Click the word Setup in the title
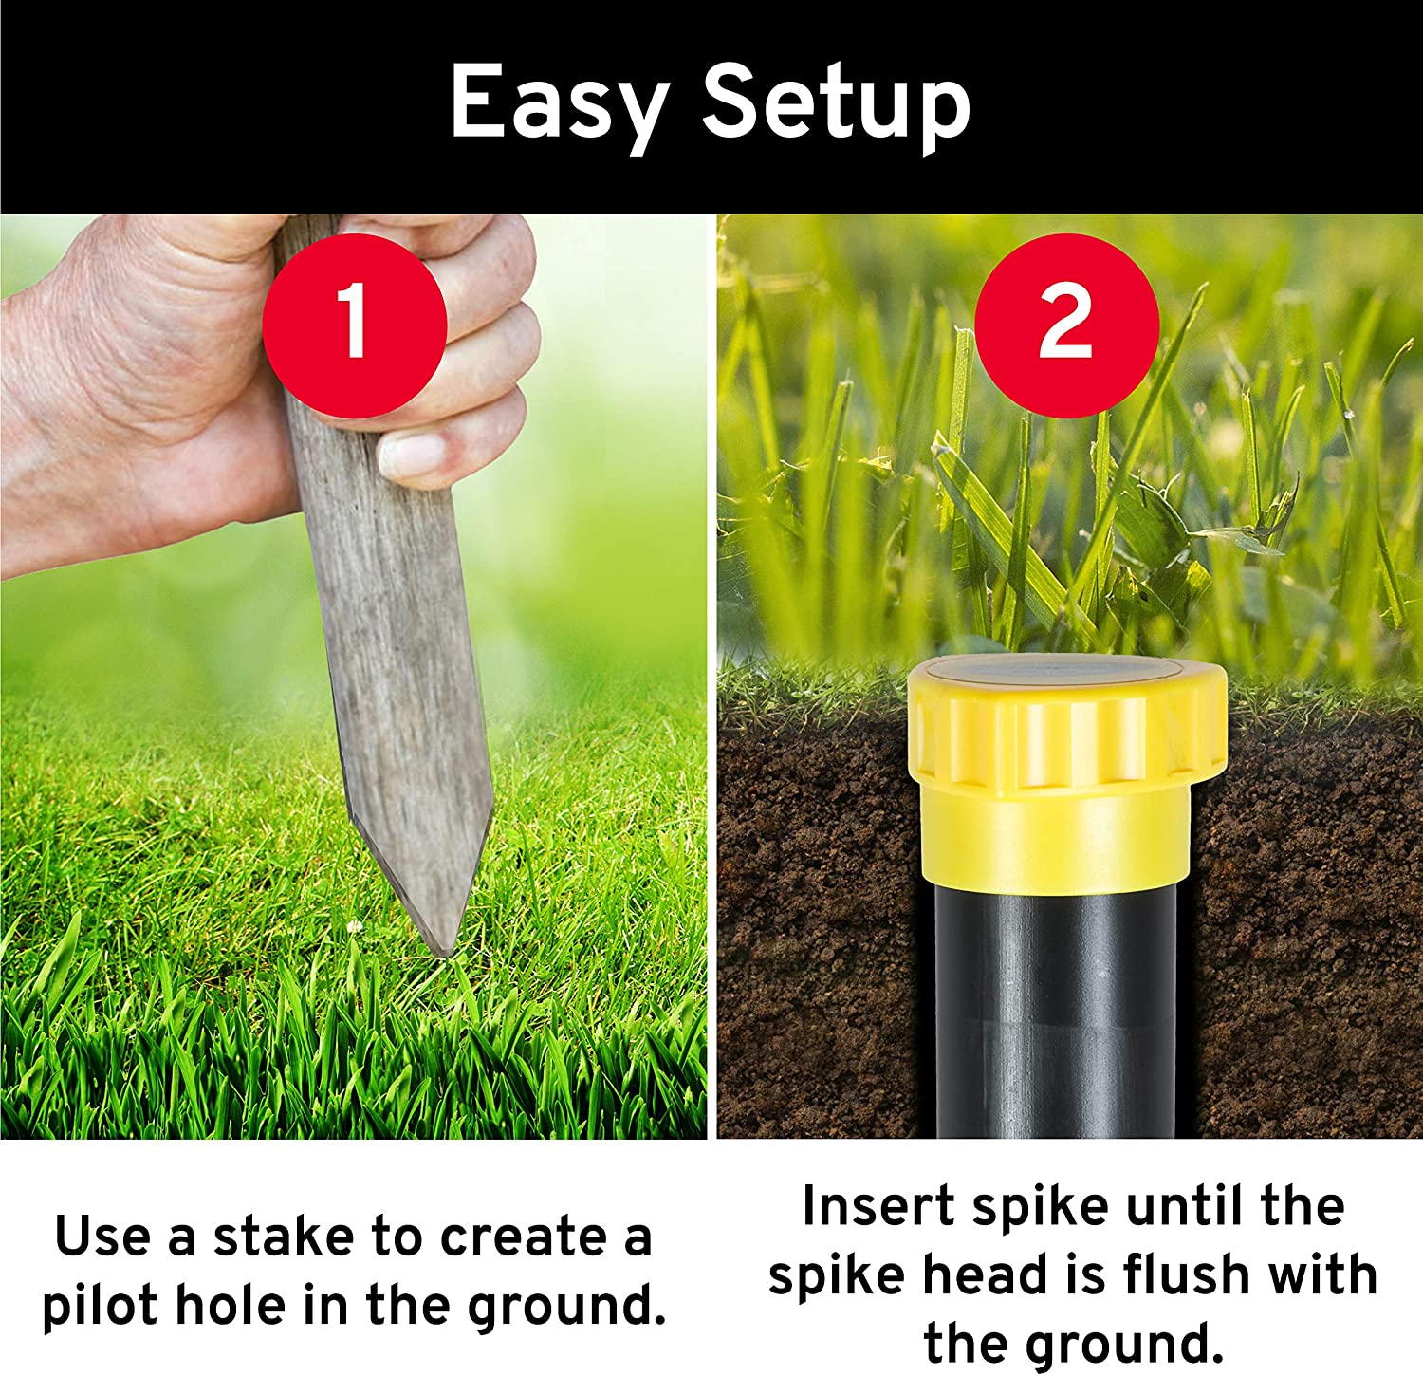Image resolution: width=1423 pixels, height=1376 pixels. pyautogui.click(x=836, y=102)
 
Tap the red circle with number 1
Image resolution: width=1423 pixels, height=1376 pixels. pyautogui.click(x=354, y=325)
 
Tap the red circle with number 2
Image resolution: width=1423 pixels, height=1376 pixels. pyautogui.click(x=1066, y=325)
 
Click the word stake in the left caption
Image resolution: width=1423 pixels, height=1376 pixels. pyautogui.click(x=284, y=1237)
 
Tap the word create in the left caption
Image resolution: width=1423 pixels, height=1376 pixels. pyautogui.click(x=524, y=1238)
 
